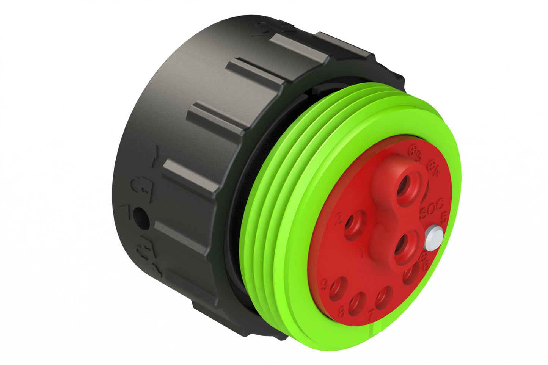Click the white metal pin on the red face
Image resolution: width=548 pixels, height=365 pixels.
(x=433, y=237)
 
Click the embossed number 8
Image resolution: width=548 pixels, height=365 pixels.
(x=342, y=311)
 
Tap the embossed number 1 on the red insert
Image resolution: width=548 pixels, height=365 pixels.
(x=362, y=252)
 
